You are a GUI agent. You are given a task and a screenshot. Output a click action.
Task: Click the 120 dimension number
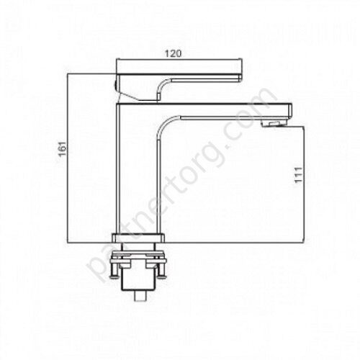[x=173, y=53]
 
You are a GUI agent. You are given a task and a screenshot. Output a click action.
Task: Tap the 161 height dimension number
[x=63, y=148]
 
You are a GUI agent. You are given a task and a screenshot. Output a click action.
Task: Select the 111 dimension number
[x=298, y=175]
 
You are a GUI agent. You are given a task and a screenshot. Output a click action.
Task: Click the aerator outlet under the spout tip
[x=274, y=124]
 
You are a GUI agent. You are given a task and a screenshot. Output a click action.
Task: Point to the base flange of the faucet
[x=139, y=238]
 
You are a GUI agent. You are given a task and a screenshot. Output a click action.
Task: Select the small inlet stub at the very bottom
[x=140, y=296]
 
